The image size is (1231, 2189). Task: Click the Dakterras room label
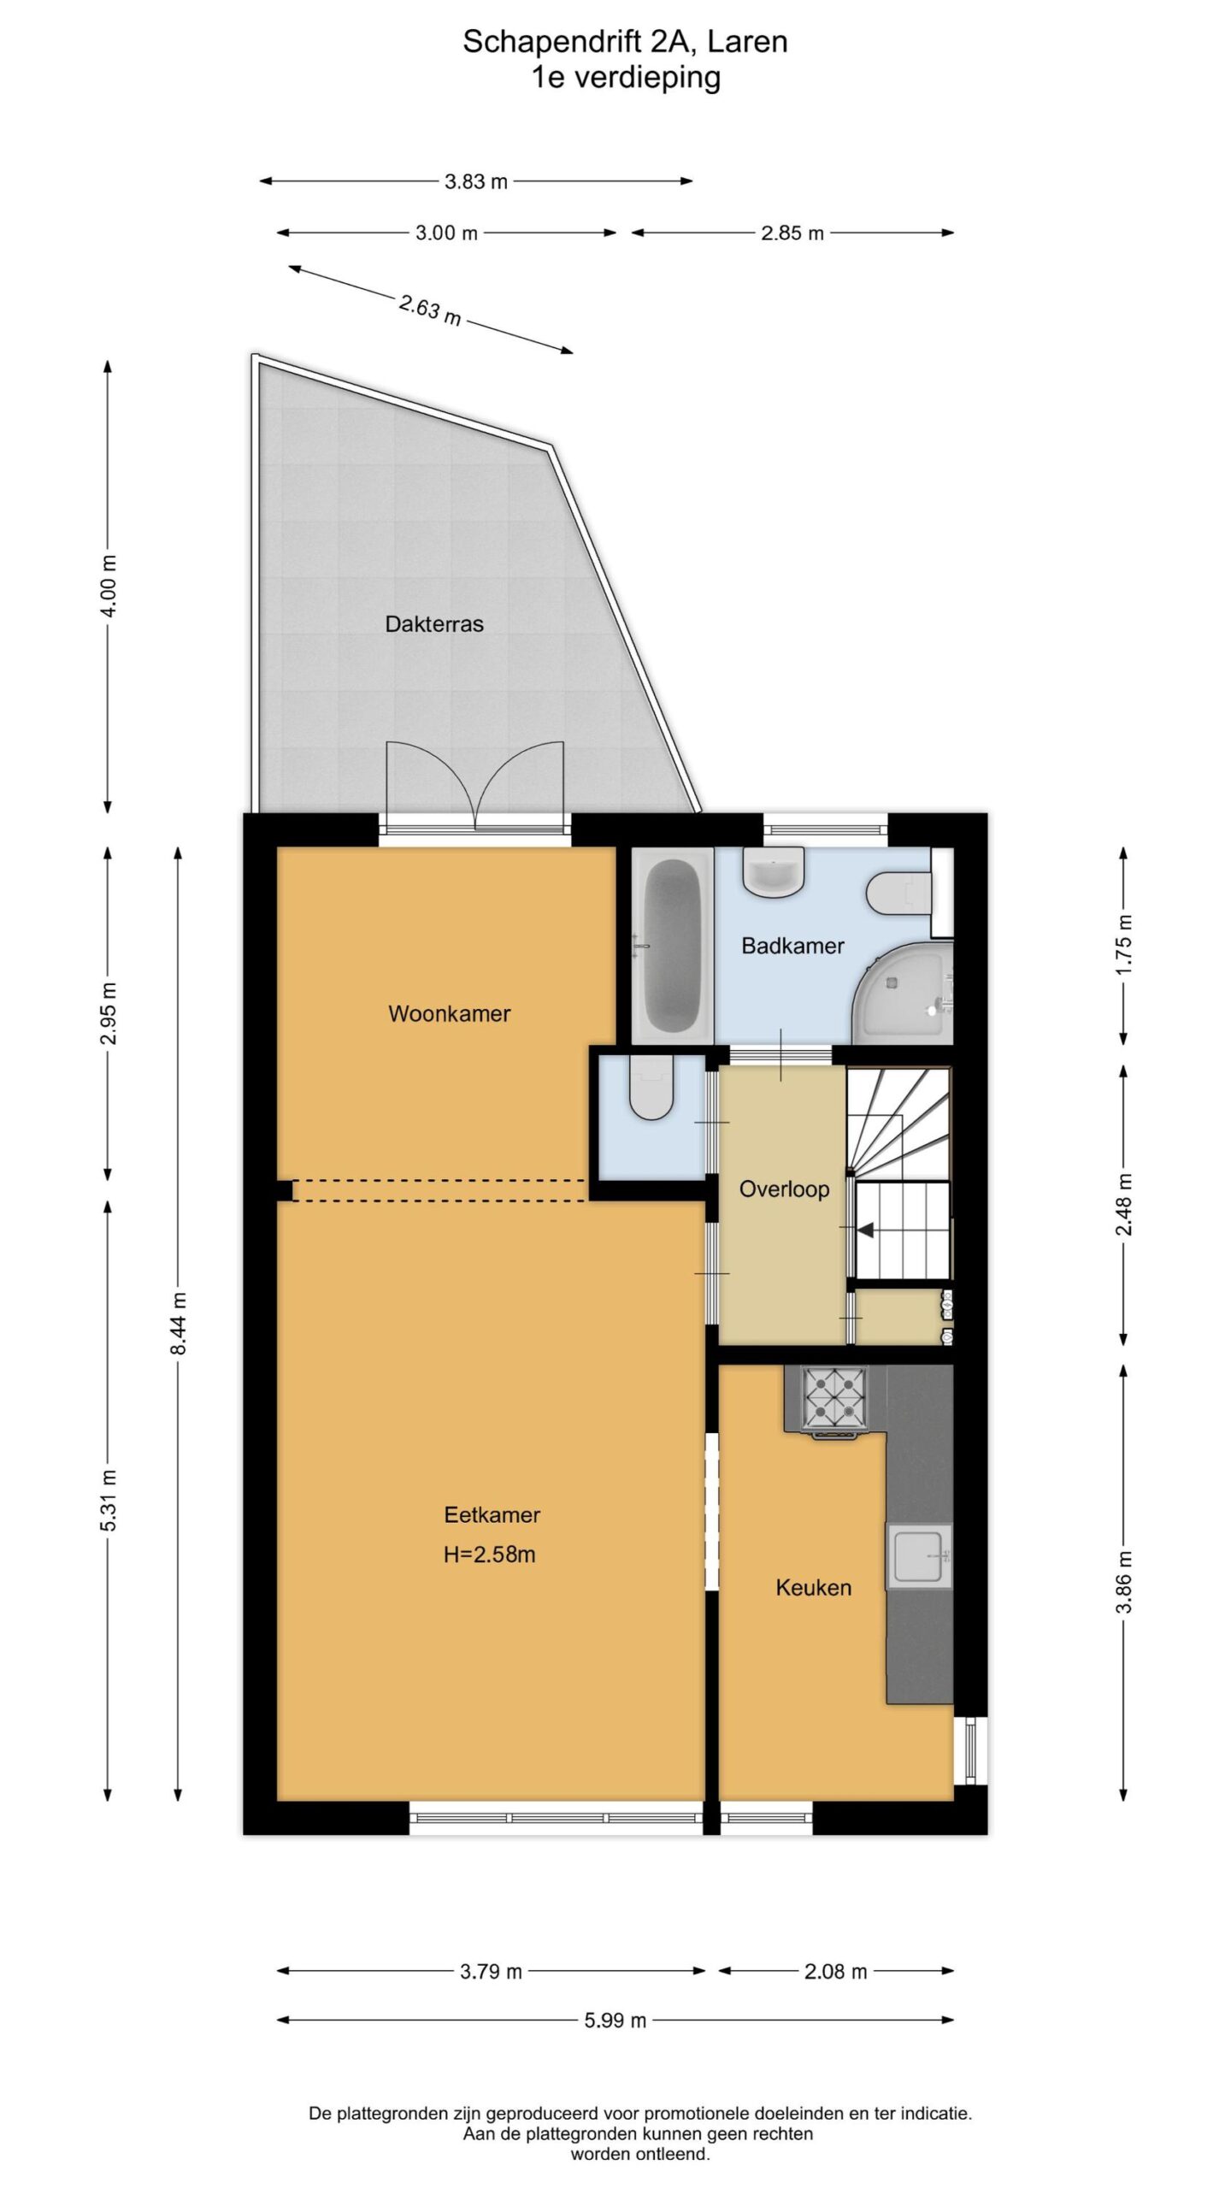(x=434, y=624)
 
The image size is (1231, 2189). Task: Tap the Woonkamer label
(x=450, y=1014)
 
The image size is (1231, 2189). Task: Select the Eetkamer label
(x=492, y=1515)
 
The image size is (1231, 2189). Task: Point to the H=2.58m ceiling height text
(x=490, y=1555)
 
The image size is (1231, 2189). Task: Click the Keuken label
(x=814, y=1588)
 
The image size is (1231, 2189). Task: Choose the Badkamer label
(x=793, y=946)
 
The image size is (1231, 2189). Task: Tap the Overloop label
(x=785, y=1189)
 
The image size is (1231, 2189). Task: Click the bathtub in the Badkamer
(x=673, y=946)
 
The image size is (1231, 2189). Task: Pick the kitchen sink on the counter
(x=919, y=1556)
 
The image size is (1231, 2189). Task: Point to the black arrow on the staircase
(x=865, y=1230)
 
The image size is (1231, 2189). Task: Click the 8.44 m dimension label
(x=179, y=1323)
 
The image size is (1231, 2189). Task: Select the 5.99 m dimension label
(x=615, y=2020)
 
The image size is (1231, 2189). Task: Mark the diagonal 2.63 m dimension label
(x=430, y=310)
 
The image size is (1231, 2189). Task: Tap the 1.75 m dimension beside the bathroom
(x=1124, y=945)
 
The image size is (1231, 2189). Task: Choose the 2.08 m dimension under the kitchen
(x=836, y=1971)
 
